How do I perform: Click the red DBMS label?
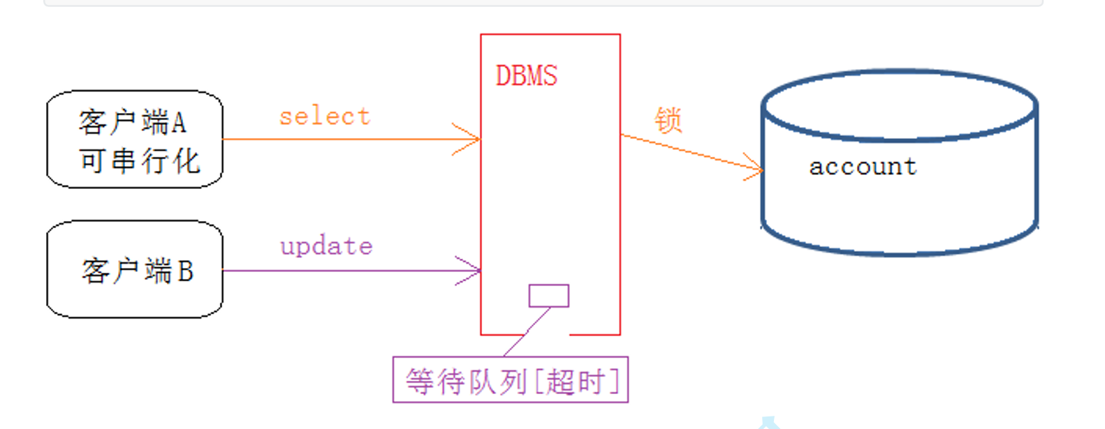(526, 75)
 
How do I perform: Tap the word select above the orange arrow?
(325, 116)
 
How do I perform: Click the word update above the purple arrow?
(326, 246)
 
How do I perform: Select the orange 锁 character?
(668, 120)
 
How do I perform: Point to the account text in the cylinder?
(863, 167)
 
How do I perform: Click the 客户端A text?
(132, 123)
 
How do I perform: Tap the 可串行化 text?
(139, 161)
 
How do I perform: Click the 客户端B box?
(135, 270)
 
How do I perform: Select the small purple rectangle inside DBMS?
(548, 296)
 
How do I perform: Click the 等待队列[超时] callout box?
(511, 380)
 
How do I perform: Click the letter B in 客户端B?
(185, 271)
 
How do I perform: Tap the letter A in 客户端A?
(178, 123)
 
